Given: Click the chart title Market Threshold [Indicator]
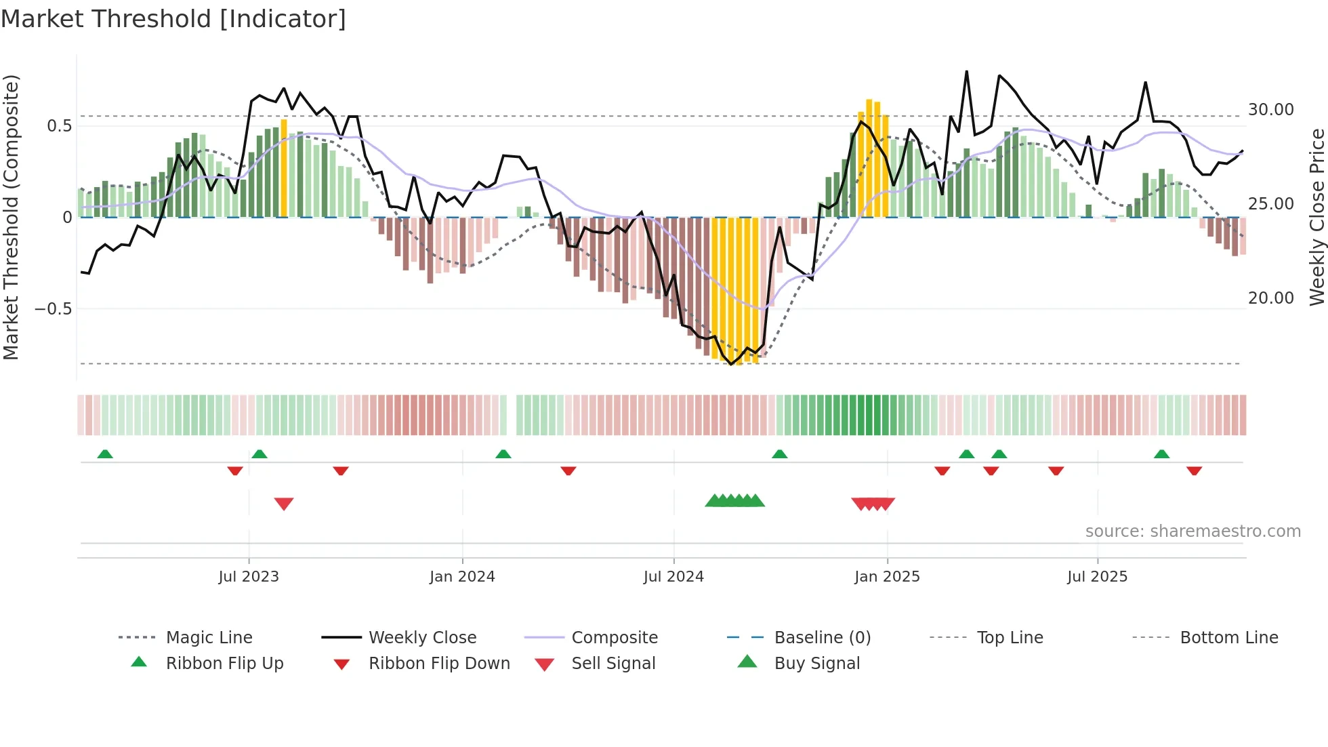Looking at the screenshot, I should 173,19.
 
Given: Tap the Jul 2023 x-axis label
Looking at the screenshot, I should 249,576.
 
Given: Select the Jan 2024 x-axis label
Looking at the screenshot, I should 462,576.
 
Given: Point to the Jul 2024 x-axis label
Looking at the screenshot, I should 673,576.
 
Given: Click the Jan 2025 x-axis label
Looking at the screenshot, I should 887,576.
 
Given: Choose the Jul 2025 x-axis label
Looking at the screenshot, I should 1097,576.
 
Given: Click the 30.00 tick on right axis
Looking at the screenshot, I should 1270,110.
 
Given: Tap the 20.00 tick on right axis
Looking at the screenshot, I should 1270,298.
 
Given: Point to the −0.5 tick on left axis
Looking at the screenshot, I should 53,309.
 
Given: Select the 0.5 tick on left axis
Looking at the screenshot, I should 59,126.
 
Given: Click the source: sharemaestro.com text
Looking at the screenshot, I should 1192,531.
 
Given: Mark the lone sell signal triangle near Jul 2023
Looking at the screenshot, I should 284,504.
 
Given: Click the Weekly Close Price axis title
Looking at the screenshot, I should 1316,217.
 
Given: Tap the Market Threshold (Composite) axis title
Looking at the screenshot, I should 12,217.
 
